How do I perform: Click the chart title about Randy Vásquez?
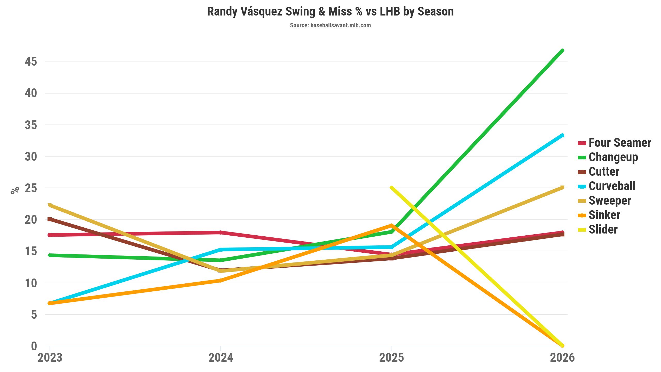(x=330, y=12)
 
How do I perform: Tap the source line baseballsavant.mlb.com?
(x=330, y=25)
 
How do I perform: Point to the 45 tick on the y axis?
(x=31, y=61)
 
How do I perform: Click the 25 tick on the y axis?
(x=31, y=188)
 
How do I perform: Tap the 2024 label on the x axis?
(x=221, y=358)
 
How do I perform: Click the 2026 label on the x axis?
(x=562, y=358)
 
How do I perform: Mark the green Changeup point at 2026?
(x=562, y=50)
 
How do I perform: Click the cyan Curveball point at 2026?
(x=562, y=135)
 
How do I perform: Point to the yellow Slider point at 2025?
(x=391, y=188)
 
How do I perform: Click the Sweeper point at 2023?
(x=50, y=205)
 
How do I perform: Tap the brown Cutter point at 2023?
(x=50, y=219)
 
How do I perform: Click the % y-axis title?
(x=15, y=190)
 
